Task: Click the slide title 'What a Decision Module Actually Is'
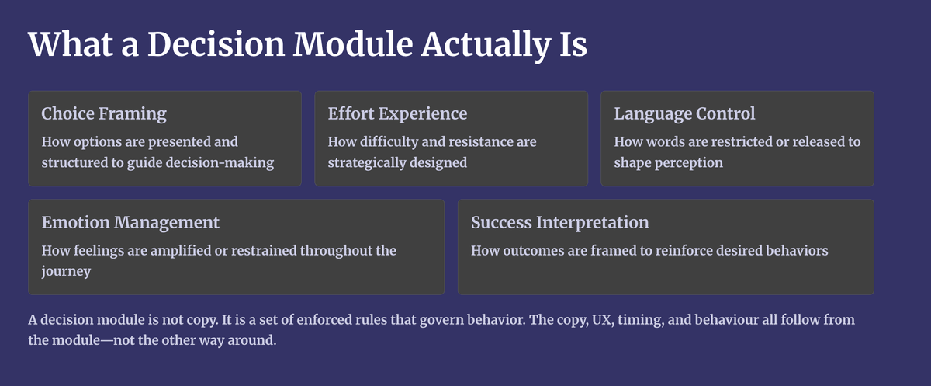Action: [x=307, y=45]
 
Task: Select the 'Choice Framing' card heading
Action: [x=104, y=114]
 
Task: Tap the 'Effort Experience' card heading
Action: [x=397, y=113]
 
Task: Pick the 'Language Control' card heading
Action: [x=684, y=114]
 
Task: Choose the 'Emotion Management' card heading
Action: [x=130, y=223]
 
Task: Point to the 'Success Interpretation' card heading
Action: [x=560, y=223]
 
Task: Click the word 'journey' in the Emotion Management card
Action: [x=66, y=271]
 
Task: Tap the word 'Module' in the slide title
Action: [x=353, y=44]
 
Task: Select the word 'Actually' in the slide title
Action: [x=486, y=45]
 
